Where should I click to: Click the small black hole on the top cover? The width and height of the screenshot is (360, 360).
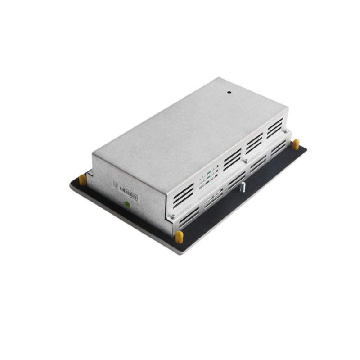coord(229,93)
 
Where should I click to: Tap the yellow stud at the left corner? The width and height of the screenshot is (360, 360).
coord(83,180)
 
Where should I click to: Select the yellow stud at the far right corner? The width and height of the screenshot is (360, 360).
coord(296,144)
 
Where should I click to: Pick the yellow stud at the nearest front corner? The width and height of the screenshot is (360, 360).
coord(179,237)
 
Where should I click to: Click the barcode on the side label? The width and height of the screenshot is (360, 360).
coord(128,193)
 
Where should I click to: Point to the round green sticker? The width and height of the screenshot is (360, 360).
coord(127,204)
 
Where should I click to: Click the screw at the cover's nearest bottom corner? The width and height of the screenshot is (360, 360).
coord(171,216)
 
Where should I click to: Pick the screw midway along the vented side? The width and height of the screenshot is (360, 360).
coord(246,160)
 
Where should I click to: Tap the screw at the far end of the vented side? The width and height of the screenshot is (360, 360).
coord(285,131)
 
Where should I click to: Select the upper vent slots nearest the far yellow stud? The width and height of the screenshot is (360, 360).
coord(274,128)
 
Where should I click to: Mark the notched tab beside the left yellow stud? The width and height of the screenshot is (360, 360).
coord(90,172)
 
